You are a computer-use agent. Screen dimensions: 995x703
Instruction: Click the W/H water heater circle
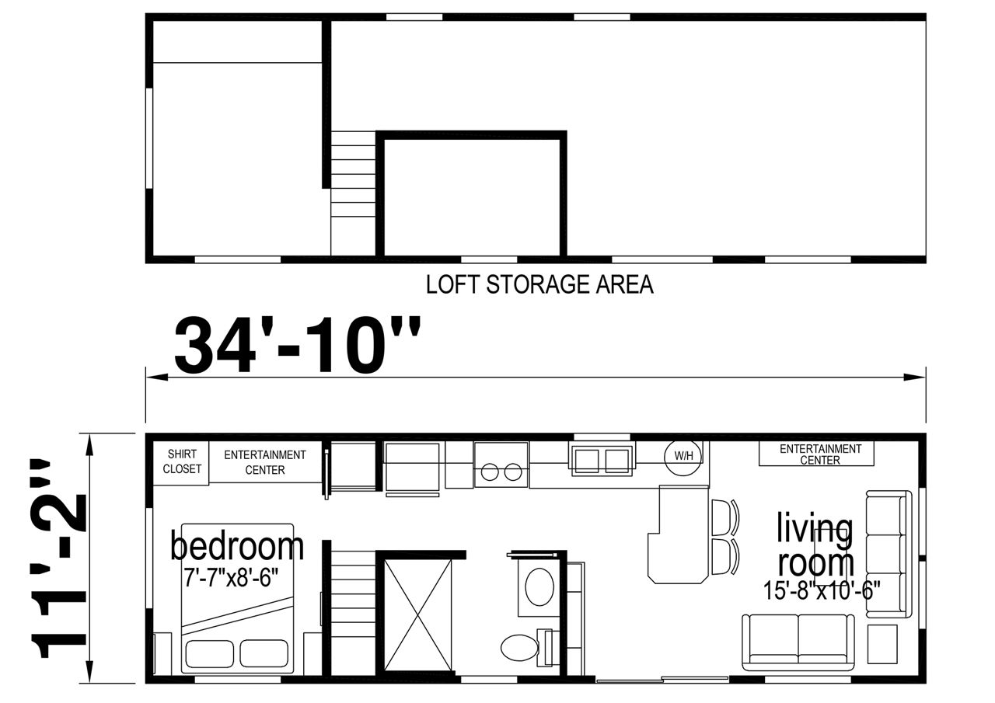(x=683, y=455)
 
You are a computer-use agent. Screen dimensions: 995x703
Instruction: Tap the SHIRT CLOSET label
(x=182, y=461)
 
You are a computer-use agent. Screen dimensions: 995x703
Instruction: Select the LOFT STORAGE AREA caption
(x=539, y=284)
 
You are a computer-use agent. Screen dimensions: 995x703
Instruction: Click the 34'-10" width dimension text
(x=297, y=346)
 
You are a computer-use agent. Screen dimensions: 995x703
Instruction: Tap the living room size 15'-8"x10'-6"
(x=822, y=590)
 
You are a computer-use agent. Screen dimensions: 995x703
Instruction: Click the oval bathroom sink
(x=539, y=587)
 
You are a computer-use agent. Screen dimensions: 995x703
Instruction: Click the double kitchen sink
(x=602, y=460)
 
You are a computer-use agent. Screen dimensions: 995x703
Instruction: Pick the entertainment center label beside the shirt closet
(x=265, y=462)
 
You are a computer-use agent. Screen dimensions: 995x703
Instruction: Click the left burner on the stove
(x=490, y=472)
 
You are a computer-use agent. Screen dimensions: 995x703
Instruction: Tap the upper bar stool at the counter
(x=725, y=517)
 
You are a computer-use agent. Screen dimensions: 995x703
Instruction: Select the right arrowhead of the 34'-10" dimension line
(x=915, y=378)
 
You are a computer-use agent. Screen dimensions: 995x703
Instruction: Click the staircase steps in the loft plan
(x=353, y=193)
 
